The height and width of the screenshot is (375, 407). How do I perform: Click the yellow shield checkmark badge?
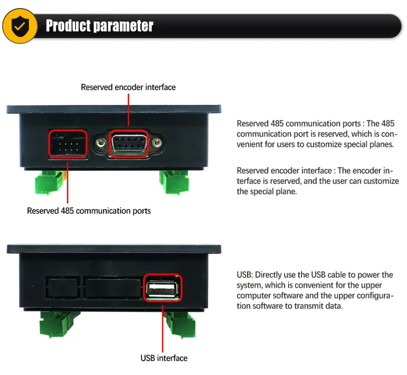(x=20, y=26)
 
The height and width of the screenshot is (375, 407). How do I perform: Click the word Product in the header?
(x=68, y=26)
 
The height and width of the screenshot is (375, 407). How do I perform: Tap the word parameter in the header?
(x=123, y=26)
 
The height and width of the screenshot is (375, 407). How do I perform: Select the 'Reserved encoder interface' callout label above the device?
(x=128, y=87)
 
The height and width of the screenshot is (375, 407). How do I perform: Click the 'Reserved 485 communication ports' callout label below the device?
(x=89, y=211)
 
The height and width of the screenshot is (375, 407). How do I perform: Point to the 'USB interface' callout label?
(x=164, y=358)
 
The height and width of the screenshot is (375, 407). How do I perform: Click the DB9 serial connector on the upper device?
(x=129, y=143)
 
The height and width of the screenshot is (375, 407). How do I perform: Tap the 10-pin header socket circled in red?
(x=67, y=144)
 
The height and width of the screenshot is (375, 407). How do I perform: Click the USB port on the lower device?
(x=163, y=288)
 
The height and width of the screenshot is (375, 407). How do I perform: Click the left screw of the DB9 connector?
(x=101, y=143)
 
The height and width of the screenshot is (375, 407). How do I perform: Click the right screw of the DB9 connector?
(x=156, y=143)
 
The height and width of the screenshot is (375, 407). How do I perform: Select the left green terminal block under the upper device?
(x=49, y=182)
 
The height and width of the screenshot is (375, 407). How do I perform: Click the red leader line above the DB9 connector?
(x=129, y=110)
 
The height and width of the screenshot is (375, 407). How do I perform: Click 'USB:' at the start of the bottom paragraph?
(x=245, y=275)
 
